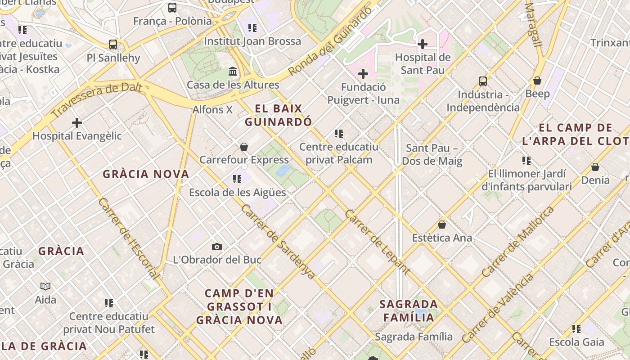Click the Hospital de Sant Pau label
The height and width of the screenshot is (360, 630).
click(423, 64)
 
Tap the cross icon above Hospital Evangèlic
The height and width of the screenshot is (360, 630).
click(77, 122)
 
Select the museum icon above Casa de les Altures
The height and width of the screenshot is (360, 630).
click(233, 72)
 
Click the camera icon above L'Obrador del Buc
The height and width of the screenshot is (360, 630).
click(217, 247)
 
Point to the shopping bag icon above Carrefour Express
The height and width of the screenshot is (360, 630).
click(244, 147)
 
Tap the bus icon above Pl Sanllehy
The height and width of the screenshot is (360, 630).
click(113, 45)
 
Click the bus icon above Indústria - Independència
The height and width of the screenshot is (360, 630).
click(483, 81)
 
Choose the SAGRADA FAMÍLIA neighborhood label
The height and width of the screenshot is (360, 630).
click(409, 310)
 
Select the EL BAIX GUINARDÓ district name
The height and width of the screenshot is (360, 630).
click(279, 115)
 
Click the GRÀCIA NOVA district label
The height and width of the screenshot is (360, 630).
click(146, 174)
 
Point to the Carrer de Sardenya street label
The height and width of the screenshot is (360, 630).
click(278, 242)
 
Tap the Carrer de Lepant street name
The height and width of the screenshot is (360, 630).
click(377, 242)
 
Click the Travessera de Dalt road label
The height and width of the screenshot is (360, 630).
click(97, 100)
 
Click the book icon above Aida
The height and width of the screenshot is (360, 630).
click(45, 286)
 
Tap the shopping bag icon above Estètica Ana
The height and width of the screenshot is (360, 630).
click(442, 225)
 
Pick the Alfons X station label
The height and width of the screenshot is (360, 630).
click(212, 109)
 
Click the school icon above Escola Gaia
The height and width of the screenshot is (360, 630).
click(576, 329)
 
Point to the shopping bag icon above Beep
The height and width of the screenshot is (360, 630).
click(537, 81)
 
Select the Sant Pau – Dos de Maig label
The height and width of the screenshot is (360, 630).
click(432, 154)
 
